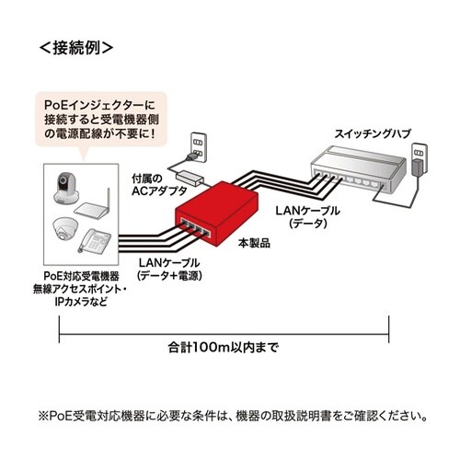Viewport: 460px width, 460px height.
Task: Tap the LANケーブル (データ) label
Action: [306, 217]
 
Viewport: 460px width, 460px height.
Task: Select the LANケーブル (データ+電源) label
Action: [170, 269]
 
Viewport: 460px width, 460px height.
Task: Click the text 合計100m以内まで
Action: [224, 349]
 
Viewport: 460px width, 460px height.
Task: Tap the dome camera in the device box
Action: [63, 227]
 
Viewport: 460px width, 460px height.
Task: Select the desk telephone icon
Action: [97, 241]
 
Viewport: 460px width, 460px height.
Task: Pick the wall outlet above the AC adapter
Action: [195, 144]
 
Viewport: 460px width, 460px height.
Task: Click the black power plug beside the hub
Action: [417, 171]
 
